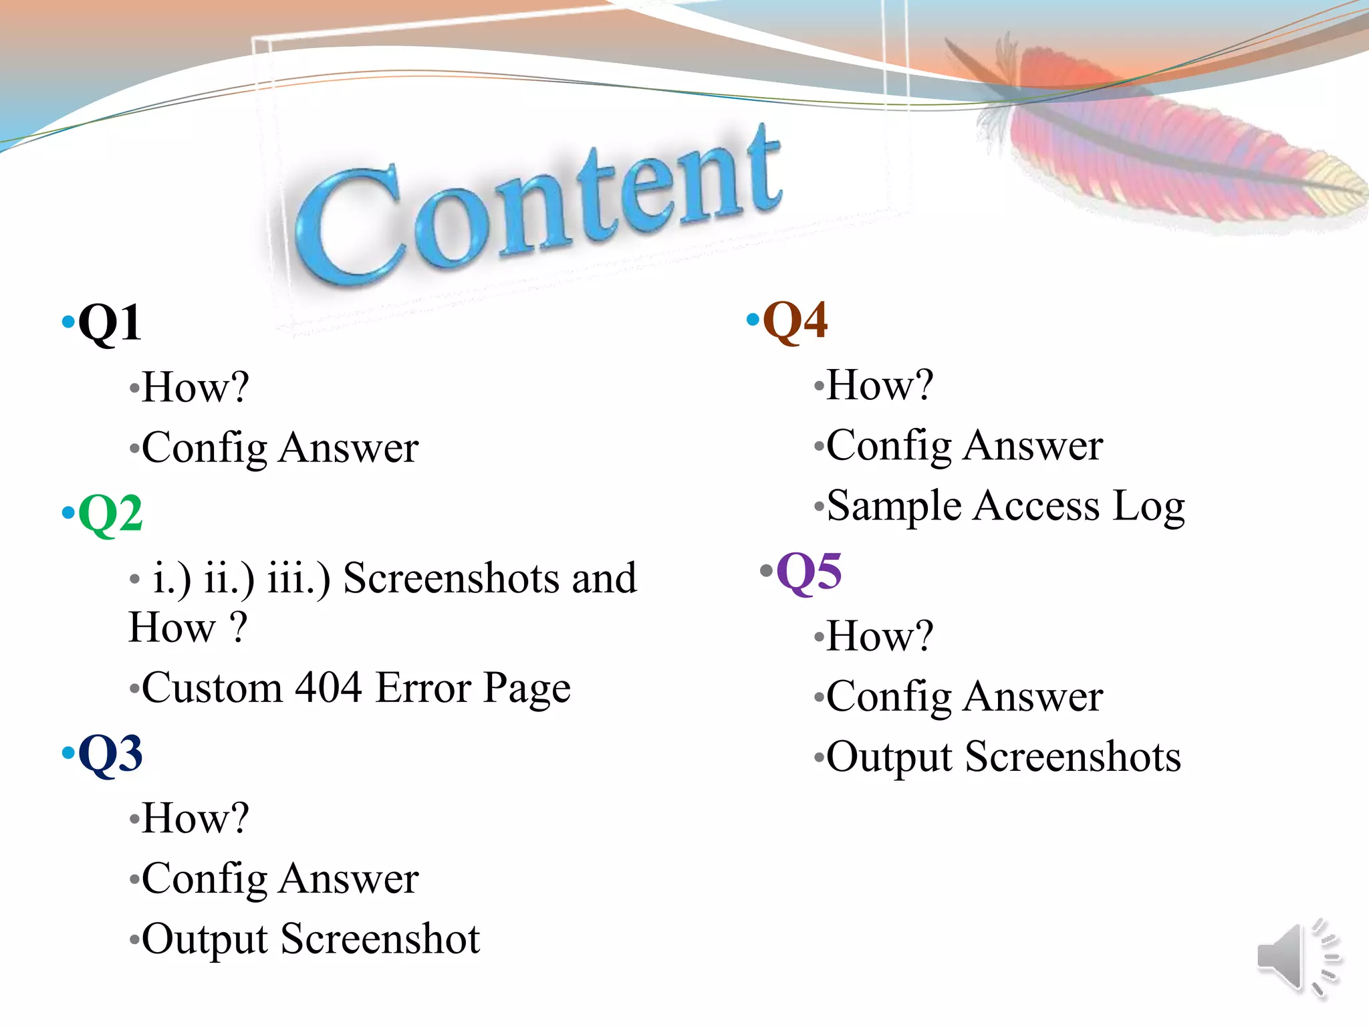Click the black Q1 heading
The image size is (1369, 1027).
tap(110, 324)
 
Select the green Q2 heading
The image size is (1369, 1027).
tap(110, 513)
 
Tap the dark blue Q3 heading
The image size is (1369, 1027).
tap(110, 754)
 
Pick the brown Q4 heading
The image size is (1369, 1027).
tap(795, 320)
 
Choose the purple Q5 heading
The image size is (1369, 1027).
tap(809, 572)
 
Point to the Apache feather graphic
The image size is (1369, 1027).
tap(1163, 134)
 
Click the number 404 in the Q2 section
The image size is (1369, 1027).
tap(328, 687)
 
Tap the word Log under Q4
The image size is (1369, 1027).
tap(1148, 507)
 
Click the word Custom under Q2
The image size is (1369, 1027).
tap(213, 687)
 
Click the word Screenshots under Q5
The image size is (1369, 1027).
tap(1073, 757)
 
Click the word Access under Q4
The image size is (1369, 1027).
tap(1036, 505)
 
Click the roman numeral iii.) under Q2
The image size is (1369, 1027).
tap(298, 578)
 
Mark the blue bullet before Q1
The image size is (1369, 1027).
tap(68, 322)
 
